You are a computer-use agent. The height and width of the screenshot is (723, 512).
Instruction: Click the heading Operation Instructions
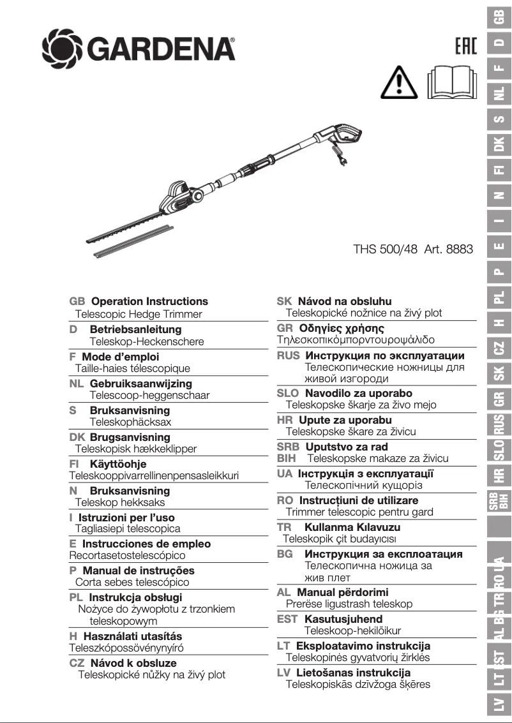point(149,301)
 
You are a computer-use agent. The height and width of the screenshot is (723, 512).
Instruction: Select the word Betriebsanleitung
point(135,329)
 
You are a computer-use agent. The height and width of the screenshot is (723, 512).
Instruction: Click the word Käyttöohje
point(117,464)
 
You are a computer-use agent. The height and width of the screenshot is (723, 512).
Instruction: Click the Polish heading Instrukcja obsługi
point(135,597)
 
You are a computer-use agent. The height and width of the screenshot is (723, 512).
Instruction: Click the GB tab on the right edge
point(501,17)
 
